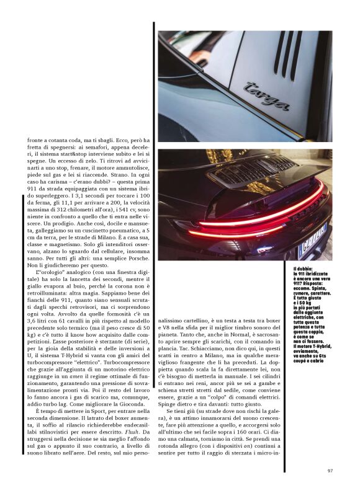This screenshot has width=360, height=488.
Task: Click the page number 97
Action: [330, 470]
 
